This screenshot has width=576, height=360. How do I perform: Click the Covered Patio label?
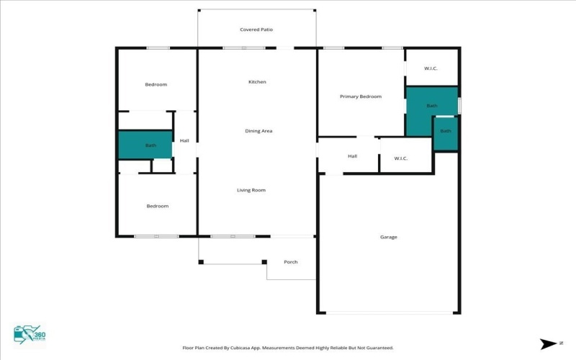click(256, 30)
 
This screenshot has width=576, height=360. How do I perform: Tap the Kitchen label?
click(257, 82)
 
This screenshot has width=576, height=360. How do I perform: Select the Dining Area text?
click(258, 131)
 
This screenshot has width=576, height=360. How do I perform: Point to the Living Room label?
click(251, 190)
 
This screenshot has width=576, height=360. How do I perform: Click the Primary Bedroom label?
click(361, 96)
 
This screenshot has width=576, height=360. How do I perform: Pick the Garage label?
click(389, 237)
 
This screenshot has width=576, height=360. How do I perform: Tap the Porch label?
click(291, 262)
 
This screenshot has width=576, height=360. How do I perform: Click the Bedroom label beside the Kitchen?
click(156, 85)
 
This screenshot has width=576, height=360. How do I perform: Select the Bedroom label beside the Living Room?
click(158, 206)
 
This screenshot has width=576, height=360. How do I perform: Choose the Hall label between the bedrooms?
click(184, 140)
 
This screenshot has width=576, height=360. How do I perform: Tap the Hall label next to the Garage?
click(353, 156)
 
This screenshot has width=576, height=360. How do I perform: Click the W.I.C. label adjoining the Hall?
click(401, 158)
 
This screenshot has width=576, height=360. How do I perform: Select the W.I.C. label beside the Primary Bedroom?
click(431, 68)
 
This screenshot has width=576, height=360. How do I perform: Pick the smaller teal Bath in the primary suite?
click(446, 132)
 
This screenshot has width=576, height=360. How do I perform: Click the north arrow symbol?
click(546, 343)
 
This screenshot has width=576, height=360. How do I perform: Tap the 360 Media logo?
click(30, 334)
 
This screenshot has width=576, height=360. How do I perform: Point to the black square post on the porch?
click(264, 261)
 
